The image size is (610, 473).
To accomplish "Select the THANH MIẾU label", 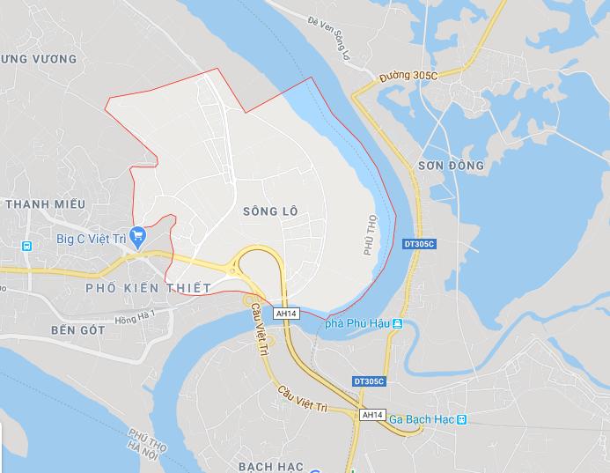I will point(45,203).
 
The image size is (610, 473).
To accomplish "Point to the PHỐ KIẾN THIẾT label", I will point(148,288).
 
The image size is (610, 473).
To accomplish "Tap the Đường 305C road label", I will point(409,77).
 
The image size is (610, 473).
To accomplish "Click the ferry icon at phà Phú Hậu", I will point(398,324).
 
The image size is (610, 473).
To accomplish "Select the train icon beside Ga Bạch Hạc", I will point(461,419).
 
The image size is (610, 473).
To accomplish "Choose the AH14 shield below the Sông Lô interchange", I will point(286,313).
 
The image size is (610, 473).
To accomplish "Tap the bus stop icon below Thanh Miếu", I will point(27,245).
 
